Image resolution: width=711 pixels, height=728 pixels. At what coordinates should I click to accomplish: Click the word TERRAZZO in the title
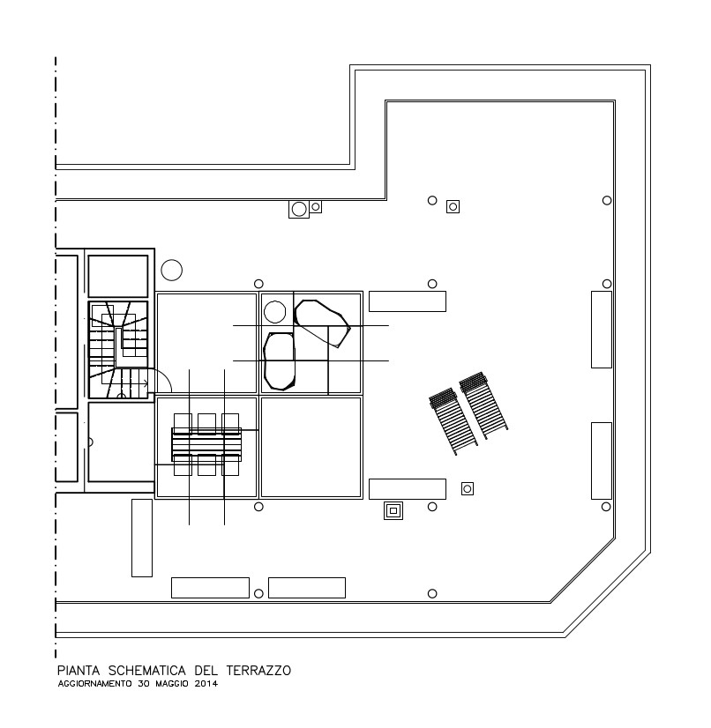[258, 671]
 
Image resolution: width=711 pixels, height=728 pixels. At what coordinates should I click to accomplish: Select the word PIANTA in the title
[79, 671]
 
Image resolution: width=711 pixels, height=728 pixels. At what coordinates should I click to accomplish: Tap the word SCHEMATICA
[146, 671]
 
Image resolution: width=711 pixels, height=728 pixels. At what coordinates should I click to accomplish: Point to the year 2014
[206, 683]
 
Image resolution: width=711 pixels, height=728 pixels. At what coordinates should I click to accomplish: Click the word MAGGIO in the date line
[172, 683]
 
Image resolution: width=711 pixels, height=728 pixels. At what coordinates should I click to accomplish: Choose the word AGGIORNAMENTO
[94, 683]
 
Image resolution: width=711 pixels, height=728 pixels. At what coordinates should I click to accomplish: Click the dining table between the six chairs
[206, 444]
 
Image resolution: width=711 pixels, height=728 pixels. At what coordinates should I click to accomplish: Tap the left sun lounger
[453, 421]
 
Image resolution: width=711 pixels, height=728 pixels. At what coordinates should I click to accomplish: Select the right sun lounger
[483, 405]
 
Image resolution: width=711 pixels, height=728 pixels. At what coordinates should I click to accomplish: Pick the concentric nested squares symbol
[393, 510]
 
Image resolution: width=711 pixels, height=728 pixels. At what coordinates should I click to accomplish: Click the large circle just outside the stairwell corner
[171, 271]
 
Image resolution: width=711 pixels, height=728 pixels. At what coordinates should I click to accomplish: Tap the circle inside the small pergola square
[274, 312]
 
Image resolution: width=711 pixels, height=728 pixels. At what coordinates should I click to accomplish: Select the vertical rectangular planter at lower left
[142, 539]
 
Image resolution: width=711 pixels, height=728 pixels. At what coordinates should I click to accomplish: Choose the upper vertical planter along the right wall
[602, 330]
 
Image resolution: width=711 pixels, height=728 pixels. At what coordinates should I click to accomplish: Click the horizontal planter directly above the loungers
[408, 301]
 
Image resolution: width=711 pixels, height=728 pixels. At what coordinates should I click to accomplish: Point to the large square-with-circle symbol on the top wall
[299, 210]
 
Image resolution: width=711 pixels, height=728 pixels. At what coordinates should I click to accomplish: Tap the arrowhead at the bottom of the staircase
[146, 383]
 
